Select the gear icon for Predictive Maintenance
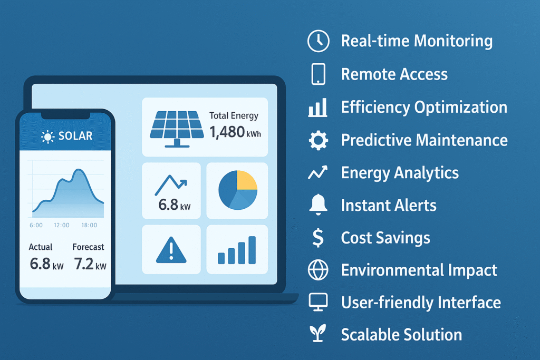coord(318,140)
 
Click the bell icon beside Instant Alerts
coord(318,205)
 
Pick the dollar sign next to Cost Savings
coord(318,238)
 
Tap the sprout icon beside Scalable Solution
coord(318,333)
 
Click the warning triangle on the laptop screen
coord(171,250)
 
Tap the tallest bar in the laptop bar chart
coord(252,250)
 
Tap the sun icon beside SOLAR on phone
coord(47,137)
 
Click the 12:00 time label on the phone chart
coord(62,225)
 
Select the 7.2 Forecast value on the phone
coord(84,264)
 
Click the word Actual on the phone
coord(40,247)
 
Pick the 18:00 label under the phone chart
coord(89,225)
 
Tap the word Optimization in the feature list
coord(460,107)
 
